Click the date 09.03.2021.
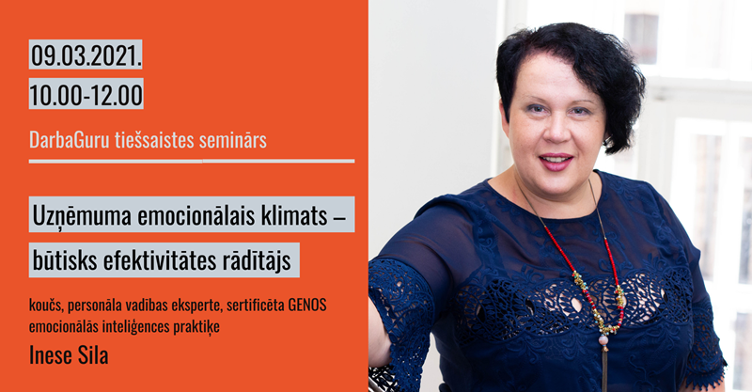point(86,55)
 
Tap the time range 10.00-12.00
point(86,95)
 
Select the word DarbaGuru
point(70,140)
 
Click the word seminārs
point(232,140)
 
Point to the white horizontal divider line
point(192,161)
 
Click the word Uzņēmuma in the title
point(82,216)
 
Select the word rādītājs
point(257,261)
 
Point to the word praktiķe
point(196,327)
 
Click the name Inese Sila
point(69,355)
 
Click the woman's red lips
point(556,162)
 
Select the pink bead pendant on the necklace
point(603,340)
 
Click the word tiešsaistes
point(154,140)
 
